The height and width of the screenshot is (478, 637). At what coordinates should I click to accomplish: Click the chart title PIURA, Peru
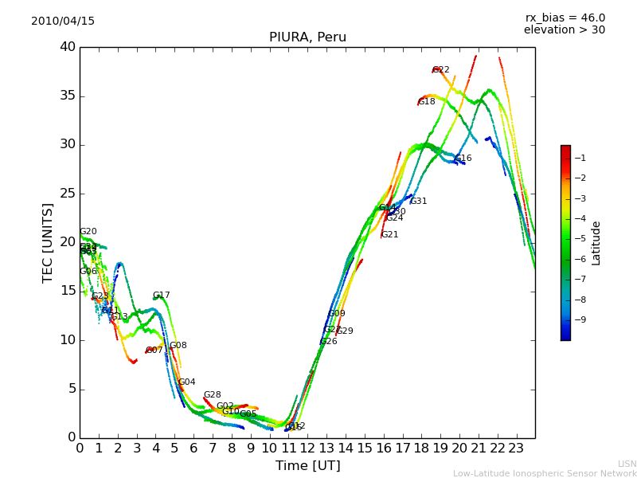click(x=307, y=37)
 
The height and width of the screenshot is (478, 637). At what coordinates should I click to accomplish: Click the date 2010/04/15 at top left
click(x=63, y=21)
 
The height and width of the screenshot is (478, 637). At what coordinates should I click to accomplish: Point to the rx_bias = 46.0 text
click(x=565, y=18)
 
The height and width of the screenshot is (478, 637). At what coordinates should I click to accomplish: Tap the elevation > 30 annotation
click(x=564, y=30)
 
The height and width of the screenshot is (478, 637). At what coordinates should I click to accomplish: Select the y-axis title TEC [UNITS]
click(x=49, y=242)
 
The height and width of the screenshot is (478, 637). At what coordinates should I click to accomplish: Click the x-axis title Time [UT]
click(x=307, y=465)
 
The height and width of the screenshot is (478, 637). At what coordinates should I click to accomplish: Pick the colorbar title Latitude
click(x=596, y=243)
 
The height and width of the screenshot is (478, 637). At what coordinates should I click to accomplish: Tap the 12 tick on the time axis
click(x=307, y=448)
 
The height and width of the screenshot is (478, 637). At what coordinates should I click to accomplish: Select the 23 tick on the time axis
click(x=516, y=448)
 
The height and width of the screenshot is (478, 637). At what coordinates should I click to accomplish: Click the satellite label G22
click(x=441, y=70)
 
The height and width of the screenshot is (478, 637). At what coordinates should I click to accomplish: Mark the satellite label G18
click(x=427, y=102)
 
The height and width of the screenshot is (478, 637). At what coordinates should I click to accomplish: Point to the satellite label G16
click(x=463, y=159)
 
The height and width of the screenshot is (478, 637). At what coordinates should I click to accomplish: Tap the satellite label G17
click(x=162, y=296)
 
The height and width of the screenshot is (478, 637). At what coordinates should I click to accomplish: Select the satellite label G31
click(x=419, y=202)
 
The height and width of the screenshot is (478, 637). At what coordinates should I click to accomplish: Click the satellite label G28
click(x=213, y=395)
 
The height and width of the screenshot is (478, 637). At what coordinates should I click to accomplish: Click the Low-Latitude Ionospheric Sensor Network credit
click(x=545, y=473)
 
